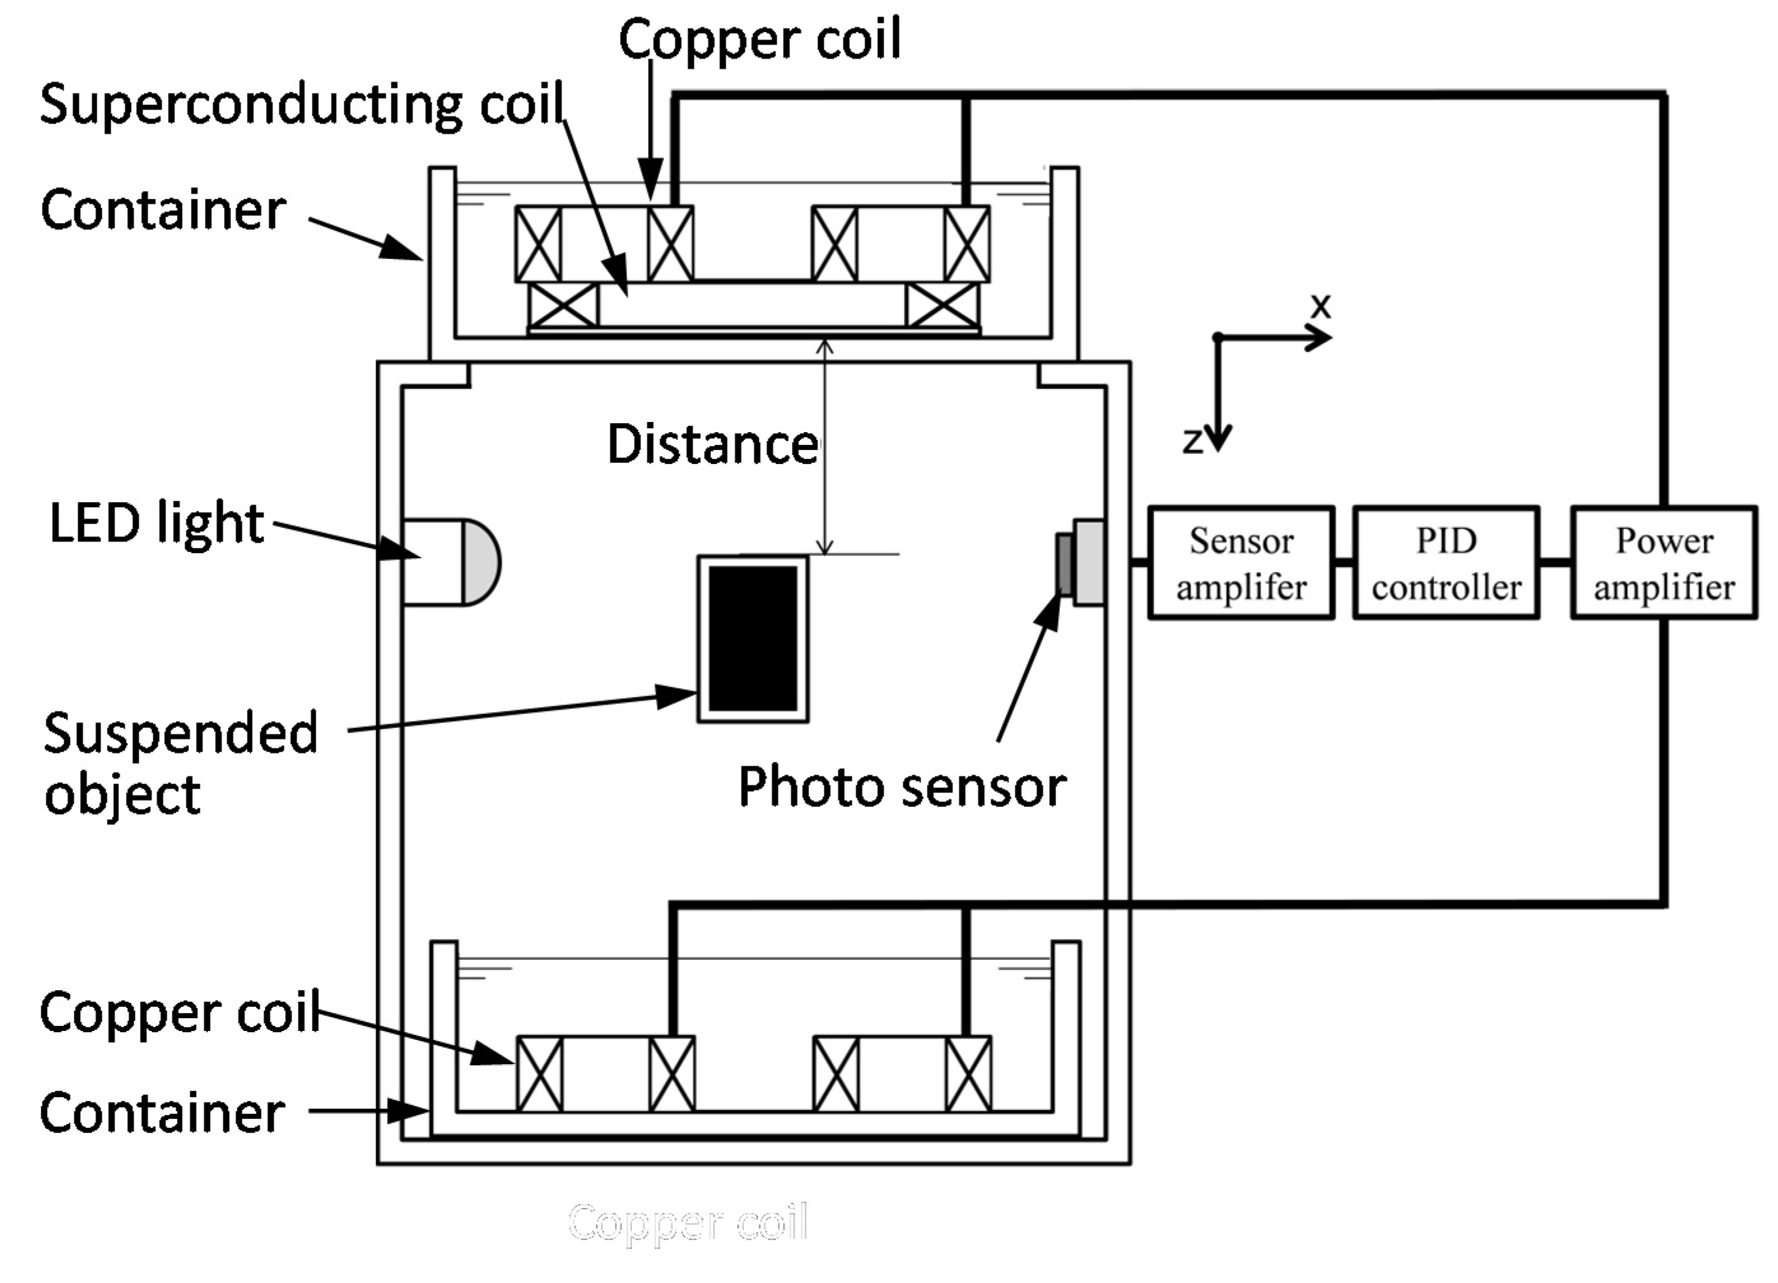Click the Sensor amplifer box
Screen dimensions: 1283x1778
(1241, 563)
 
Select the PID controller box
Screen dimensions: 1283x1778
(1446, 563)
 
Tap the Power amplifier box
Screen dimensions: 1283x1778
(1663, 563)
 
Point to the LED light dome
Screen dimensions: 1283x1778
(481, 562)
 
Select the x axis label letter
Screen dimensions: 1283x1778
(1321, 305)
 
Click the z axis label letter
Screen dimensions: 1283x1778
(1192, 440)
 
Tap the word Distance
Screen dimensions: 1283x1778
(712, 444)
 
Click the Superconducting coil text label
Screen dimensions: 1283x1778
(302, 104)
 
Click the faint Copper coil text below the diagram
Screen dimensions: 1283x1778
(688, 1223)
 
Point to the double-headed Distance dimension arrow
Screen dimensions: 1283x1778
(824, 447)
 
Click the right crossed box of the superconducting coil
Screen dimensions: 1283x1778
(942, 305)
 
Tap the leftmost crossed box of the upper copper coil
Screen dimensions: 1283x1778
(538, 244)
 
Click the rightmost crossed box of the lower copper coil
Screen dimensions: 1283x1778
(968, 1074)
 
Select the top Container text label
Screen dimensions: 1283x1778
(163, 210)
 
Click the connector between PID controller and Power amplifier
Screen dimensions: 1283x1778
(1555, 562)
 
